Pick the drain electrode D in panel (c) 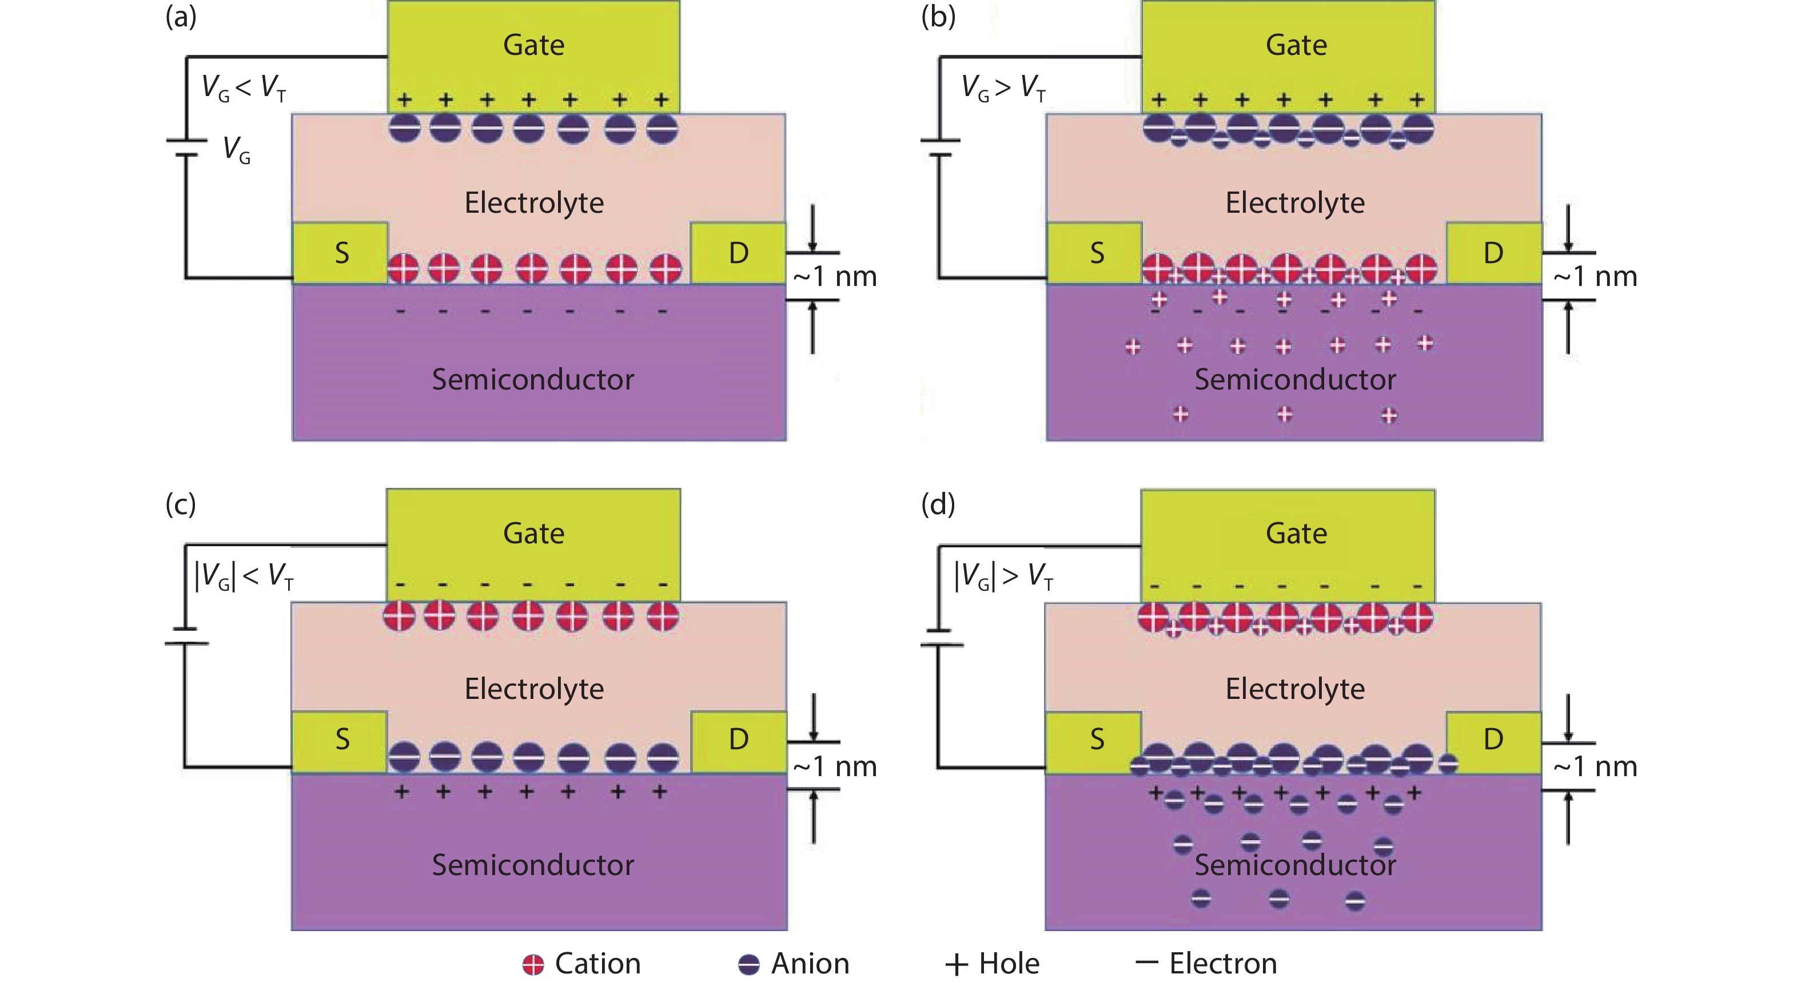(738, 740)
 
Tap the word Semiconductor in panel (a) (533, 379)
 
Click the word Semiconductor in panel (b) (1295, 379)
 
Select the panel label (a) (180, 17)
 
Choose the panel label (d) (938, 504)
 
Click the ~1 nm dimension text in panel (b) (1595, 277)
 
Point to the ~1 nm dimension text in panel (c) (835, 766)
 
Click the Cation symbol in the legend (533, 964)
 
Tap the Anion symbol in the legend (749, 964)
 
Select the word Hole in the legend (1009, 964)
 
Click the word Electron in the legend (1223, 964)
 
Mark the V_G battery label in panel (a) (236, 150)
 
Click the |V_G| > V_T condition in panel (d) (1003, 577)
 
